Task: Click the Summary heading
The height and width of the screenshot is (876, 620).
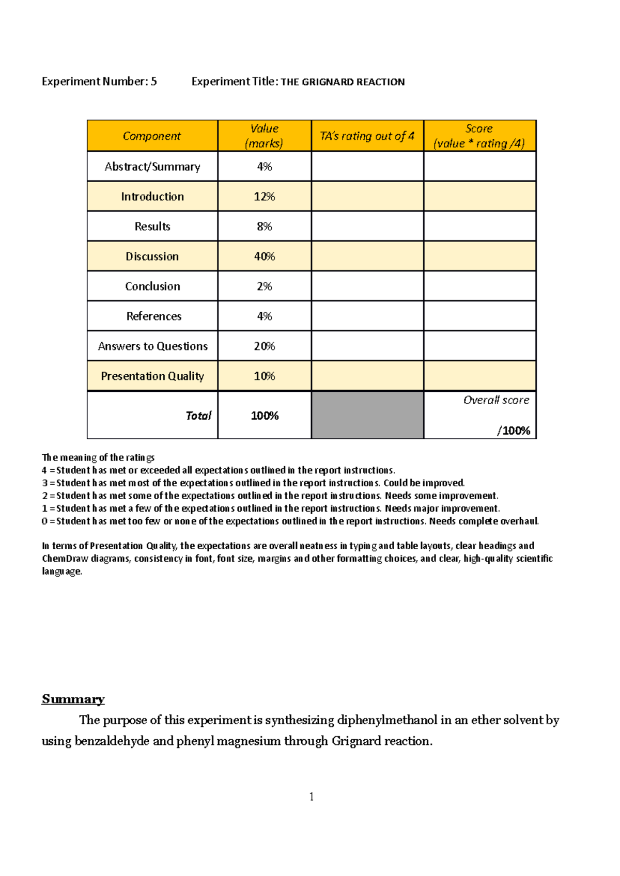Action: (x=73, y=699)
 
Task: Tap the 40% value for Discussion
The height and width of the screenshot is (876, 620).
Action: (x=264, y=257)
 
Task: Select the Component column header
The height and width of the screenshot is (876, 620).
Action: (x=152, y=136)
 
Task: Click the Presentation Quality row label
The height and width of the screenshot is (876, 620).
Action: (x=152, y=376)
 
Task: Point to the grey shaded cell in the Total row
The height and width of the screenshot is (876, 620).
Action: (x=367, y=415)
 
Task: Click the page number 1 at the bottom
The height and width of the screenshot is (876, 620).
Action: (x=311, y=797)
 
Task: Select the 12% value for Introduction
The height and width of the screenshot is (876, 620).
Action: (x=264, y=197)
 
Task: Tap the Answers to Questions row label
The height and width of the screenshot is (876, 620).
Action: (x=152, y=346)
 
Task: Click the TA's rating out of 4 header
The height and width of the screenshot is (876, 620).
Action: (x=367, y=136)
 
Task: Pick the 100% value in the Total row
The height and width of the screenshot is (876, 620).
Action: (x=265, y=416)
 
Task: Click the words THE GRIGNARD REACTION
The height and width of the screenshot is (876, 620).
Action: (x=343, y=82)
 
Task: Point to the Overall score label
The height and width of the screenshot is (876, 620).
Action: (x=496, y=401)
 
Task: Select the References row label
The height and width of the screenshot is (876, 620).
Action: (x=153, y=316)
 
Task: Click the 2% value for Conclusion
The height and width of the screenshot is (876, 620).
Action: (x=264, y=286)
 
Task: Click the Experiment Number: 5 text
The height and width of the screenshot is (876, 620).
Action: (x=99, y=82)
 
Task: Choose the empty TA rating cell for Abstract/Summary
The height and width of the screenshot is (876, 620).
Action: (x=367, y=167)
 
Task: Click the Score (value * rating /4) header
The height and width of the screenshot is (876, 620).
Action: (x=479, y=136)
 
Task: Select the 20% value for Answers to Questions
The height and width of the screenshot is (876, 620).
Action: (x=264, y=346)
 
